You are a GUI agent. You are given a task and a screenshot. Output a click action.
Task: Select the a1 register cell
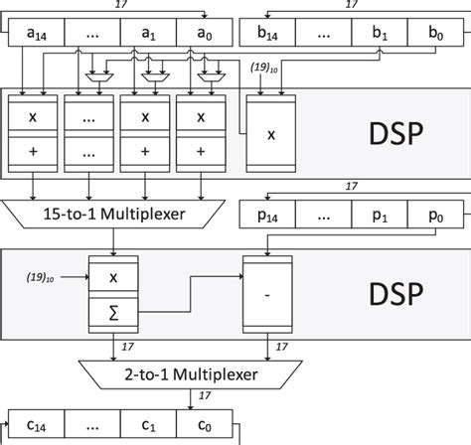click(x=149, y=35)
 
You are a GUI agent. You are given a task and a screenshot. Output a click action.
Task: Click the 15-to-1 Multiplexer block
click(x=119, y=213)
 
